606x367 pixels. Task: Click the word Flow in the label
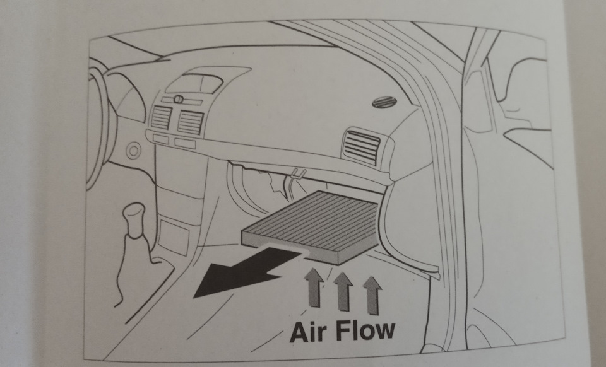point(366,330)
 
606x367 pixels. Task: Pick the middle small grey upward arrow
point(342,290)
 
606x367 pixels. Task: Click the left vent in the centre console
point(162,117)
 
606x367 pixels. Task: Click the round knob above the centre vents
point(178,99)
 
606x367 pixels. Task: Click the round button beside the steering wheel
point(133,151)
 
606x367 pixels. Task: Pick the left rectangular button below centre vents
point(160,138)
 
